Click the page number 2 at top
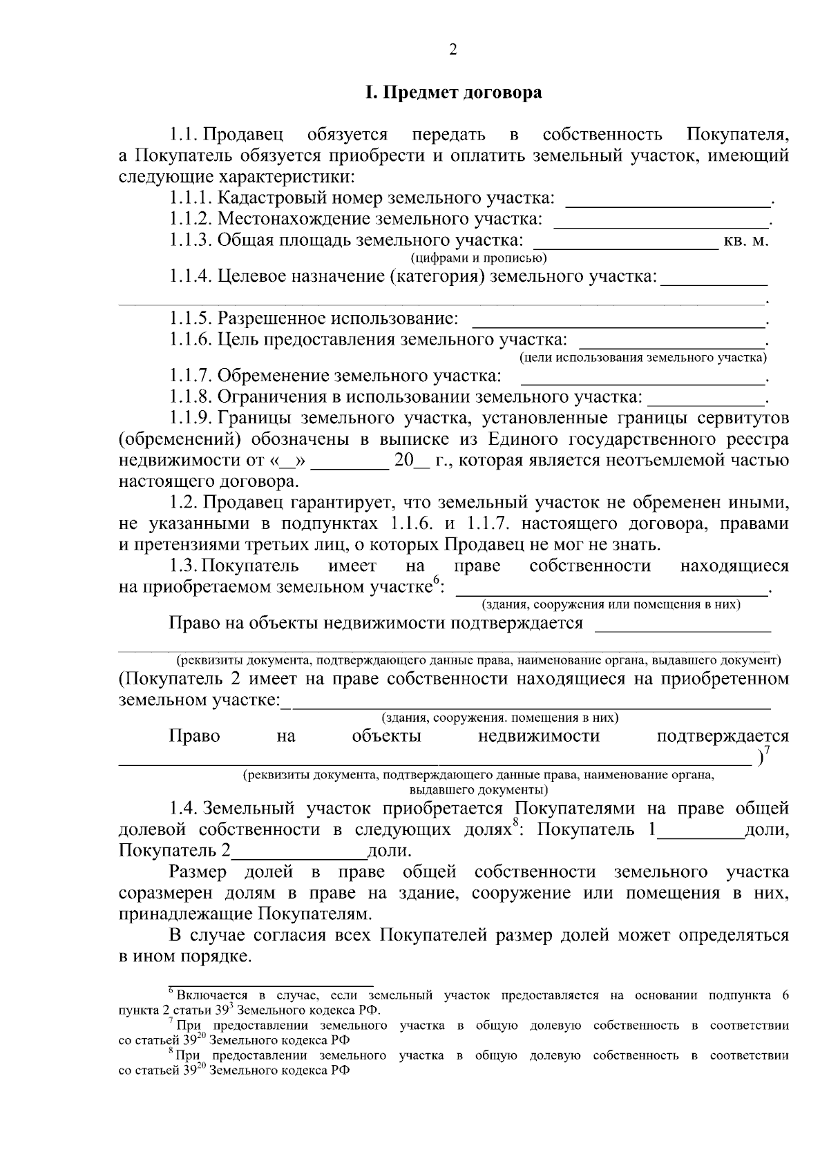pyautogui.click(x=453, y=49)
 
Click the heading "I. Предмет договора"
pyautogui.click(x=453, y=93)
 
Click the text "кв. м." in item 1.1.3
pyautogui.click(x=745, y=241)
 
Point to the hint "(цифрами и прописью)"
pyautogui.click(x=479, y=259)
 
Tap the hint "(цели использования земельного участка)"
pyautogui.click(x=642, y=358)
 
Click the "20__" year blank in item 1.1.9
pyautogui.click(x=411, y=461)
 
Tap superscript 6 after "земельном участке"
pyautogui.click(x=437, y=582)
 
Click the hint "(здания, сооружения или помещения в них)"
pyautogui.click(x=611, y=605)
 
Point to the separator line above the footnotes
pyautogui.click(x=271, y=986)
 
